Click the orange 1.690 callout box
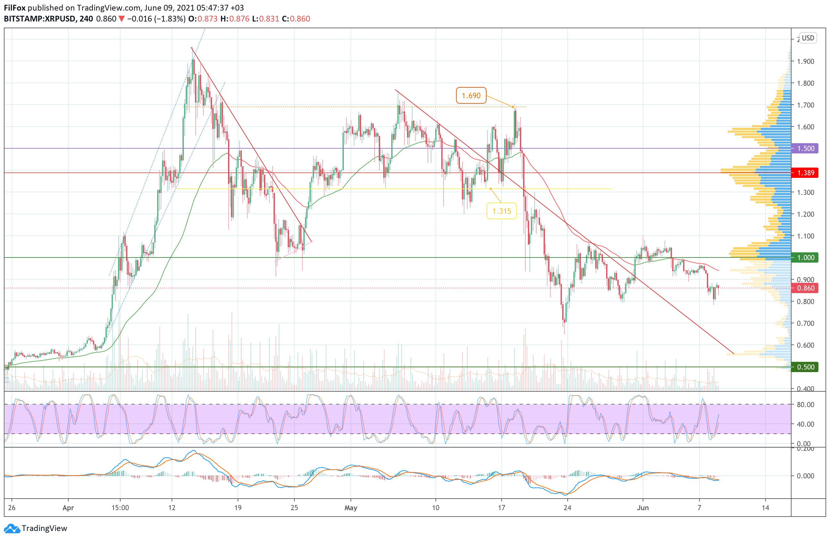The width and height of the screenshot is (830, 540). pos(471,95)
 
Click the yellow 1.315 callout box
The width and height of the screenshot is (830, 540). pos(501,211)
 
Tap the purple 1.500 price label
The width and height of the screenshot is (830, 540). pos(805,148)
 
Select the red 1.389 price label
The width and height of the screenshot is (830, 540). pos(805,173)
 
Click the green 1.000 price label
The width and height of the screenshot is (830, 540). pos(805,257)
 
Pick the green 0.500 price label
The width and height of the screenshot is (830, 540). pos(805,367)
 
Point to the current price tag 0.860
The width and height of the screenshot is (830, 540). pos(805,288)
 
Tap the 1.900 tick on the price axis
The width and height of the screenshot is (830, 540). pos(805,61)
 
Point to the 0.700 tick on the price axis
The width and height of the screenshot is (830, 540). pos(805,323)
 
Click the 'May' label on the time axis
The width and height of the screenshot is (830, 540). pos(351,508)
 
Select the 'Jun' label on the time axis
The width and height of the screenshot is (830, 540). pos(642,508)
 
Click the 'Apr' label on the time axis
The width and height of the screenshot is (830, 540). pos(68,508)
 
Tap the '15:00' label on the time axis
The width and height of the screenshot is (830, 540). pos(120,508)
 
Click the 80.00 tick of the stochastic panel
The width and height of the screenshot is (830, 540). pos(805,405)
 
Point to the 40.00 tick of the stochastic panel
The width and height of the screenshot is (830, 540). pos(805,424)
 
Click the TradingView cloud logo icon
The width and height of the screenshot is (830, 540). pos(12,528)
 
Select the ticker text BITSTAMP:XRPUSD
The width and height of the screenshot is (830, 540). pos(40,19)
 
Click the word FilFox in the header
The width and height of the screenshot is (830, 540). pos(15,8)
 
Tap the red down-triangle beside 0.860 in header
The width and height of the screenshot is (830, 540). pos(121,19)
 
